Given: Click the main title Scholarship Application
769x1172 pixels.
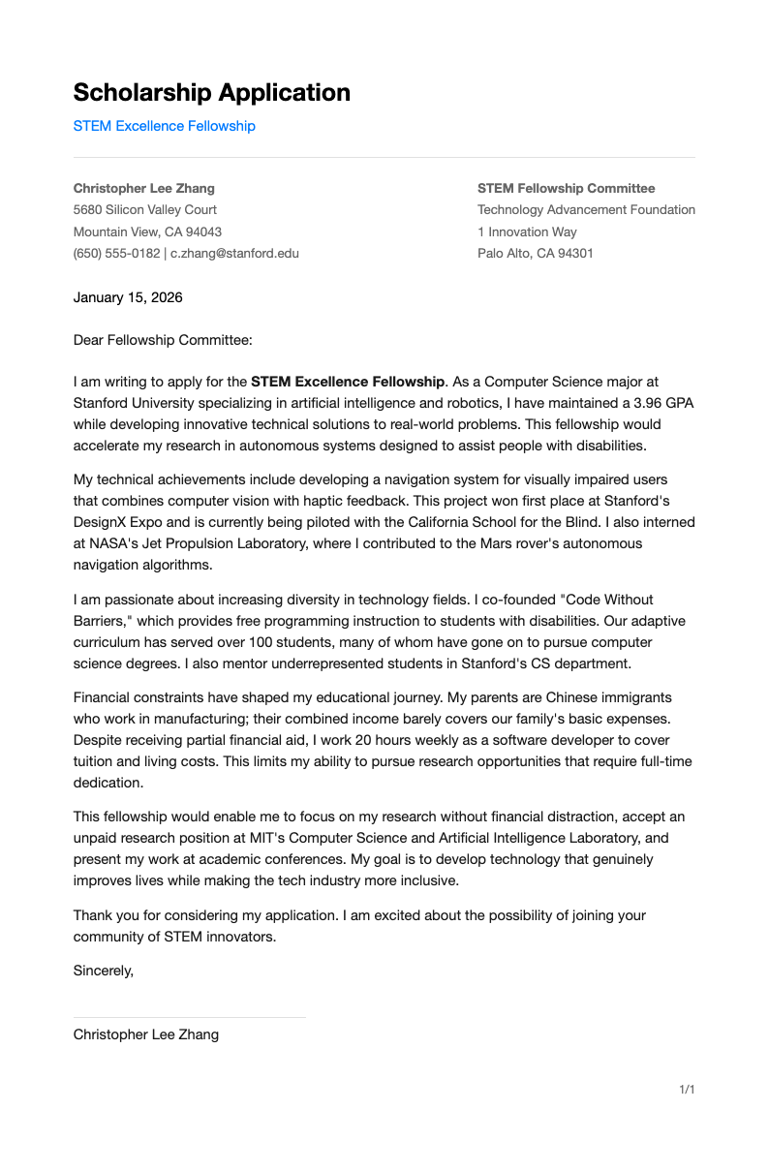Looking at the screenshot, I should coord(211,93).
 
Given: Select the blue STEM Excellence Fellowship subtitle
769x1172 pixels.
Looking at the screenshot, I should coord(164,126).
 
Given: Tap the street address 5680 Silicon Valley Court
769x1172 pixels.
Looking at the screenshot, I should coord(145,209).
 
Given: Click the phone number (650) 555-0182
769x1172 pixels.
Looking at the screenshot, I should coord(116,253).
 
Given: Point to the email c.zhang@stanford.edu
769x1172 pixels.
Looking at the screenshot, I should coord(234,253).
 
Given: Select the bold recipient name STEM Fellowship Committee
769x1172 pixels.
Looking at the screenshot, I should coord(566,188).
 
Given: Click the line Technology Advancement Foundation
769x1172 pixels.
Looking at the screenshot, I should coord(586,209).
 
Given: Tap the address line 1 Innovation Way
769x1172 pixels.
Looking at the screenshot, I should coord(527,231).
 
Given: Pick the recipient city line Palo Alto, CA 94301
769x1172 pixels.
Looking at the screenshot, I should coord(535,253).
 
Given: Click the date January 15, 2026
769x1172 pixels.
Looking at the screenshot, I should coord(128,297).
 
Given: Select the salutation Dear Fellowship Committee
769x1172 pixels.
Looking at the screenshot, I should coord(163,339).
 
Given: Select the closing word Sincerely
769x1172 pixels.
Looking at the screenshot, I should coord(103,970).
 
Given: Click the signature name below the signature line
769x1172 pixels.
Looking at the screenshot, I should coord(146,1034).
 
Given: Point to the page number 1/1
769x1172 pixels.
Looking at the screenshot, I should coord(687,1090).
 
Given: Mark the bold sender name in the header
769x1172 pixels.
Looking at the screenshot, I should coord(144,188).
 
